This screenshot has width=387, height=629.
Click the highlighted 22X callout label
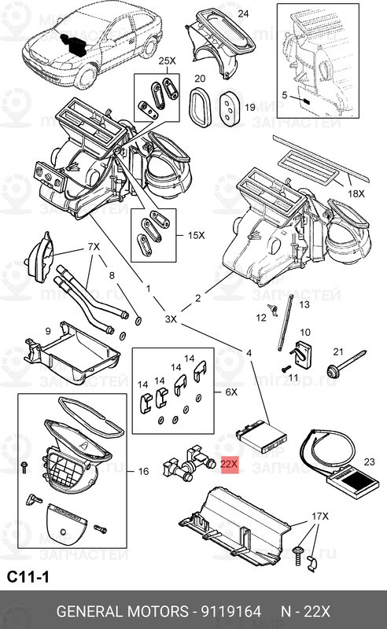pos(229,465)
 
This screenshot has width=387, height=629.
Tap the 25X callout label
pos(167,61)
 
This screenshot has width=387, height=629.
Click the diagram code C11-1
pos(28,577)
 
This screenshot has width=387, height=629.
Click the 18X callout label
pos(356,193)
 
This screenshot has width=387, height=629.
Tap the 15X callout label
pos(195,235)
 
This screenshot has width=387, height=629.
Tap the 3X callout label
pos(171,320)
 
